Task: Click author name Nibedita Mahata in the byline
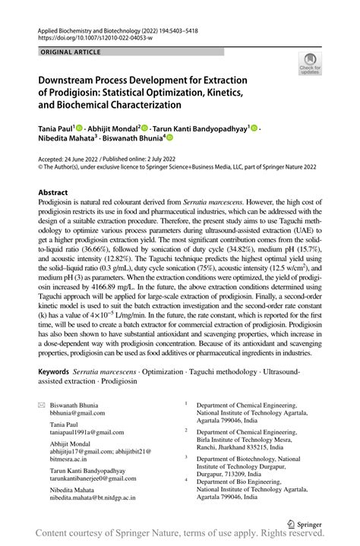[x=71, y=140]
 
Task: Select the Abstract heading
[x=55, y=194]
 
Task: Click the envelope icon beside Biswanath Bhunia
[x=42, y=407]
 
